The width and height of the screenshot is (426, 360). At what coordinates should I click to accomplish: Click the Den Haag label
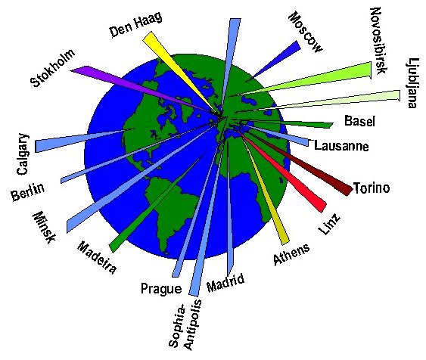point(136,25)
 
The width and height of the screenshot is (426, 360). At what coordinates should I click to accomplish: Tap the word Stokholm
point(53,68)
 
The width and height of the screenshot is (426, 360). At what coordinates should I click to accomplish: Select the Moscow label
point(306,32)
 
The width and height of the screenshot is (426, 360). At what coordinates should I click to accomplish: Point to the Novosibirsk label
point(378,41)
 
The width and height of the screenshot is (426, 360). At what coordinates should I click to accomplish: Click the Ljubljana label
point(412,82)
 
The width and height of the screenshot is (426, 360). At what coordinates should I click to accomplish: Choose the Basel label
point(359,121)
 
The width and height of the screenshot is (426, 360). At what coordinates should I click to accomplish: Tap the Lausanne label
point(341,146)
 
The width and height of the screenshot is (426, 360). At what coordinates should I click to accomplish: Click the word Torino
point(372,188)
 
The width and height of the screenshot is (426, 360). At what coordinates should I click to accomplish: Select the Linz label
point(328,224)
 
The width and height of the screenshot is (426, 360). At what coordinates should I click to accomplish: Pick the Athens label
point(291,254)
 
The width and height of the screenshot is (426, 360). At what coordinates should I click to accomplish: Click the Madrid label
point(225,283)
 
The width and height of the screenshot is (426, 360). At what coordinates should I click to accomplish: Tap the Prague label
point(161,289)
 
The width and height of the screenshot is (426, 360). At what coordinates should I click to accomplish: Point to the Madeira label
point(97,257)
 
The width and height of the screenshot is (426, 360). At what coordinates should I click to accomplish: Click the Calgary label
point(22,154)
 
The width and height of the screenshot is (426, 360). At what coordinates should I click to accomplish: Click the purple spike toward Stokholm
point(141,90)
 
